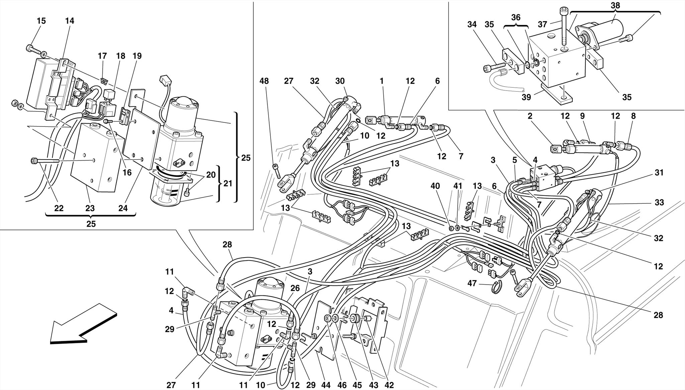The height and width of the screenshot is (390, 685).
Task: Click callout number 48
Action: (264, 81)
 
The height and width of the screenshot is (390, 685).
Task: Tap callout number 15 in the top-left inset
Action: (41, 21)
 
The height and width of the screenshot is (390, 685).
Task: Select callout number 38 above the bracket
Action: (615, 5)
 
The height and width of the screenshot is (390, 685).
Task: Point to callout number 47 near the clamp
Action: (472, 284)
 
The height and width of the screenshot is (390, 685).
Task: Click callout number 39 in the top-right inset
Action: (526, 97)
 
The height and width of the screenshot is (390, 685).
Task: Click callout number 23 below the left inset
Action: (90, 208)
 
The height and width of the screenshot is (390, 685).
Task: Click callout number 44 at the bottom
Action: (325, 385)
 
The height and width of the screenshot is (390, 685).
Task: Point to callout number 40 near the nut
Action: (435, 186)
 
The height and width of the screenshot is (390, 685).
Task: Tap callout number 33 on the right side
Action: (659, 202)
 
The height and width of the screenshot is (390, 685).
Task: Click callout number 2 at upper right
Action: (530, 116)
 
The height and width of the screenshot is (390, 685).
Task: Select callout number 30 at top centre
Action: (340, 81)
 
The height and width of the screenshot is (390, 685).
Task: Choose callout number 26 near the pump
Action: (295, 288)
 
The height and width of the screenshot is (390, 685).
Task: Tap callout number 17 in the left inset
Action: (102, 56)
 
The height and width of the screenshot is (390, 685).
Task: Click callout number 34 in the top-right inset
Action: (472, 24)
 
